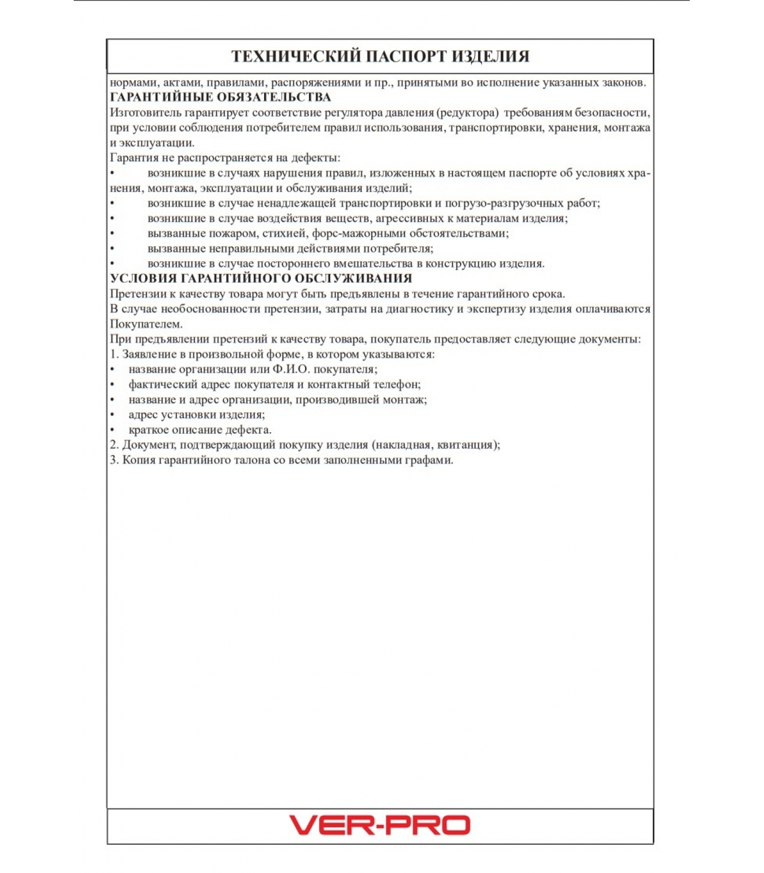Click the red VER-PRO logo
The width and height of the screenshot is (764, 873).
(379, 824)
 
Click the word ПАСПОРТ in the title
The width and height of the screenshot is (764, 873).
(394, 56)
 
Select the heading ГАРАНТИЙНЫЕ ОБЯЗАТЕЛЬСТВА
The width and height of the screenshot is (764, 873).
(220, 97)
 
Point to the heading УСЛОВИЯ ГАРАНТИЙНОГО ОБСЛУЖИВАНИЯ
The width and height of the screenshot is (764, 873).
(261, 278)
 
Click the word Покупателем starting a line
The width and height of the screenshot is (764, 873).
(146, 324)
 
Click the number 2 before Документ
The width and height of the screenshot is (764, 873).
(114, 445)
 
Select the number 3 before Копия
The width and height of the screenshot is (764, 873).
(114, 460)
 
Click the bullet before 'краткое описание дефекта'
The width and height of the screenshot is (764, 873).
(112, 430)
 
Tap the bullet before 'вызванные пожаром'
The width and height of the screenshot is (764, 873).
(112, 234)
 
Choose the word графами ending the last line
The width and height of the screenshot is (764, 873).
(428, 460)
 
